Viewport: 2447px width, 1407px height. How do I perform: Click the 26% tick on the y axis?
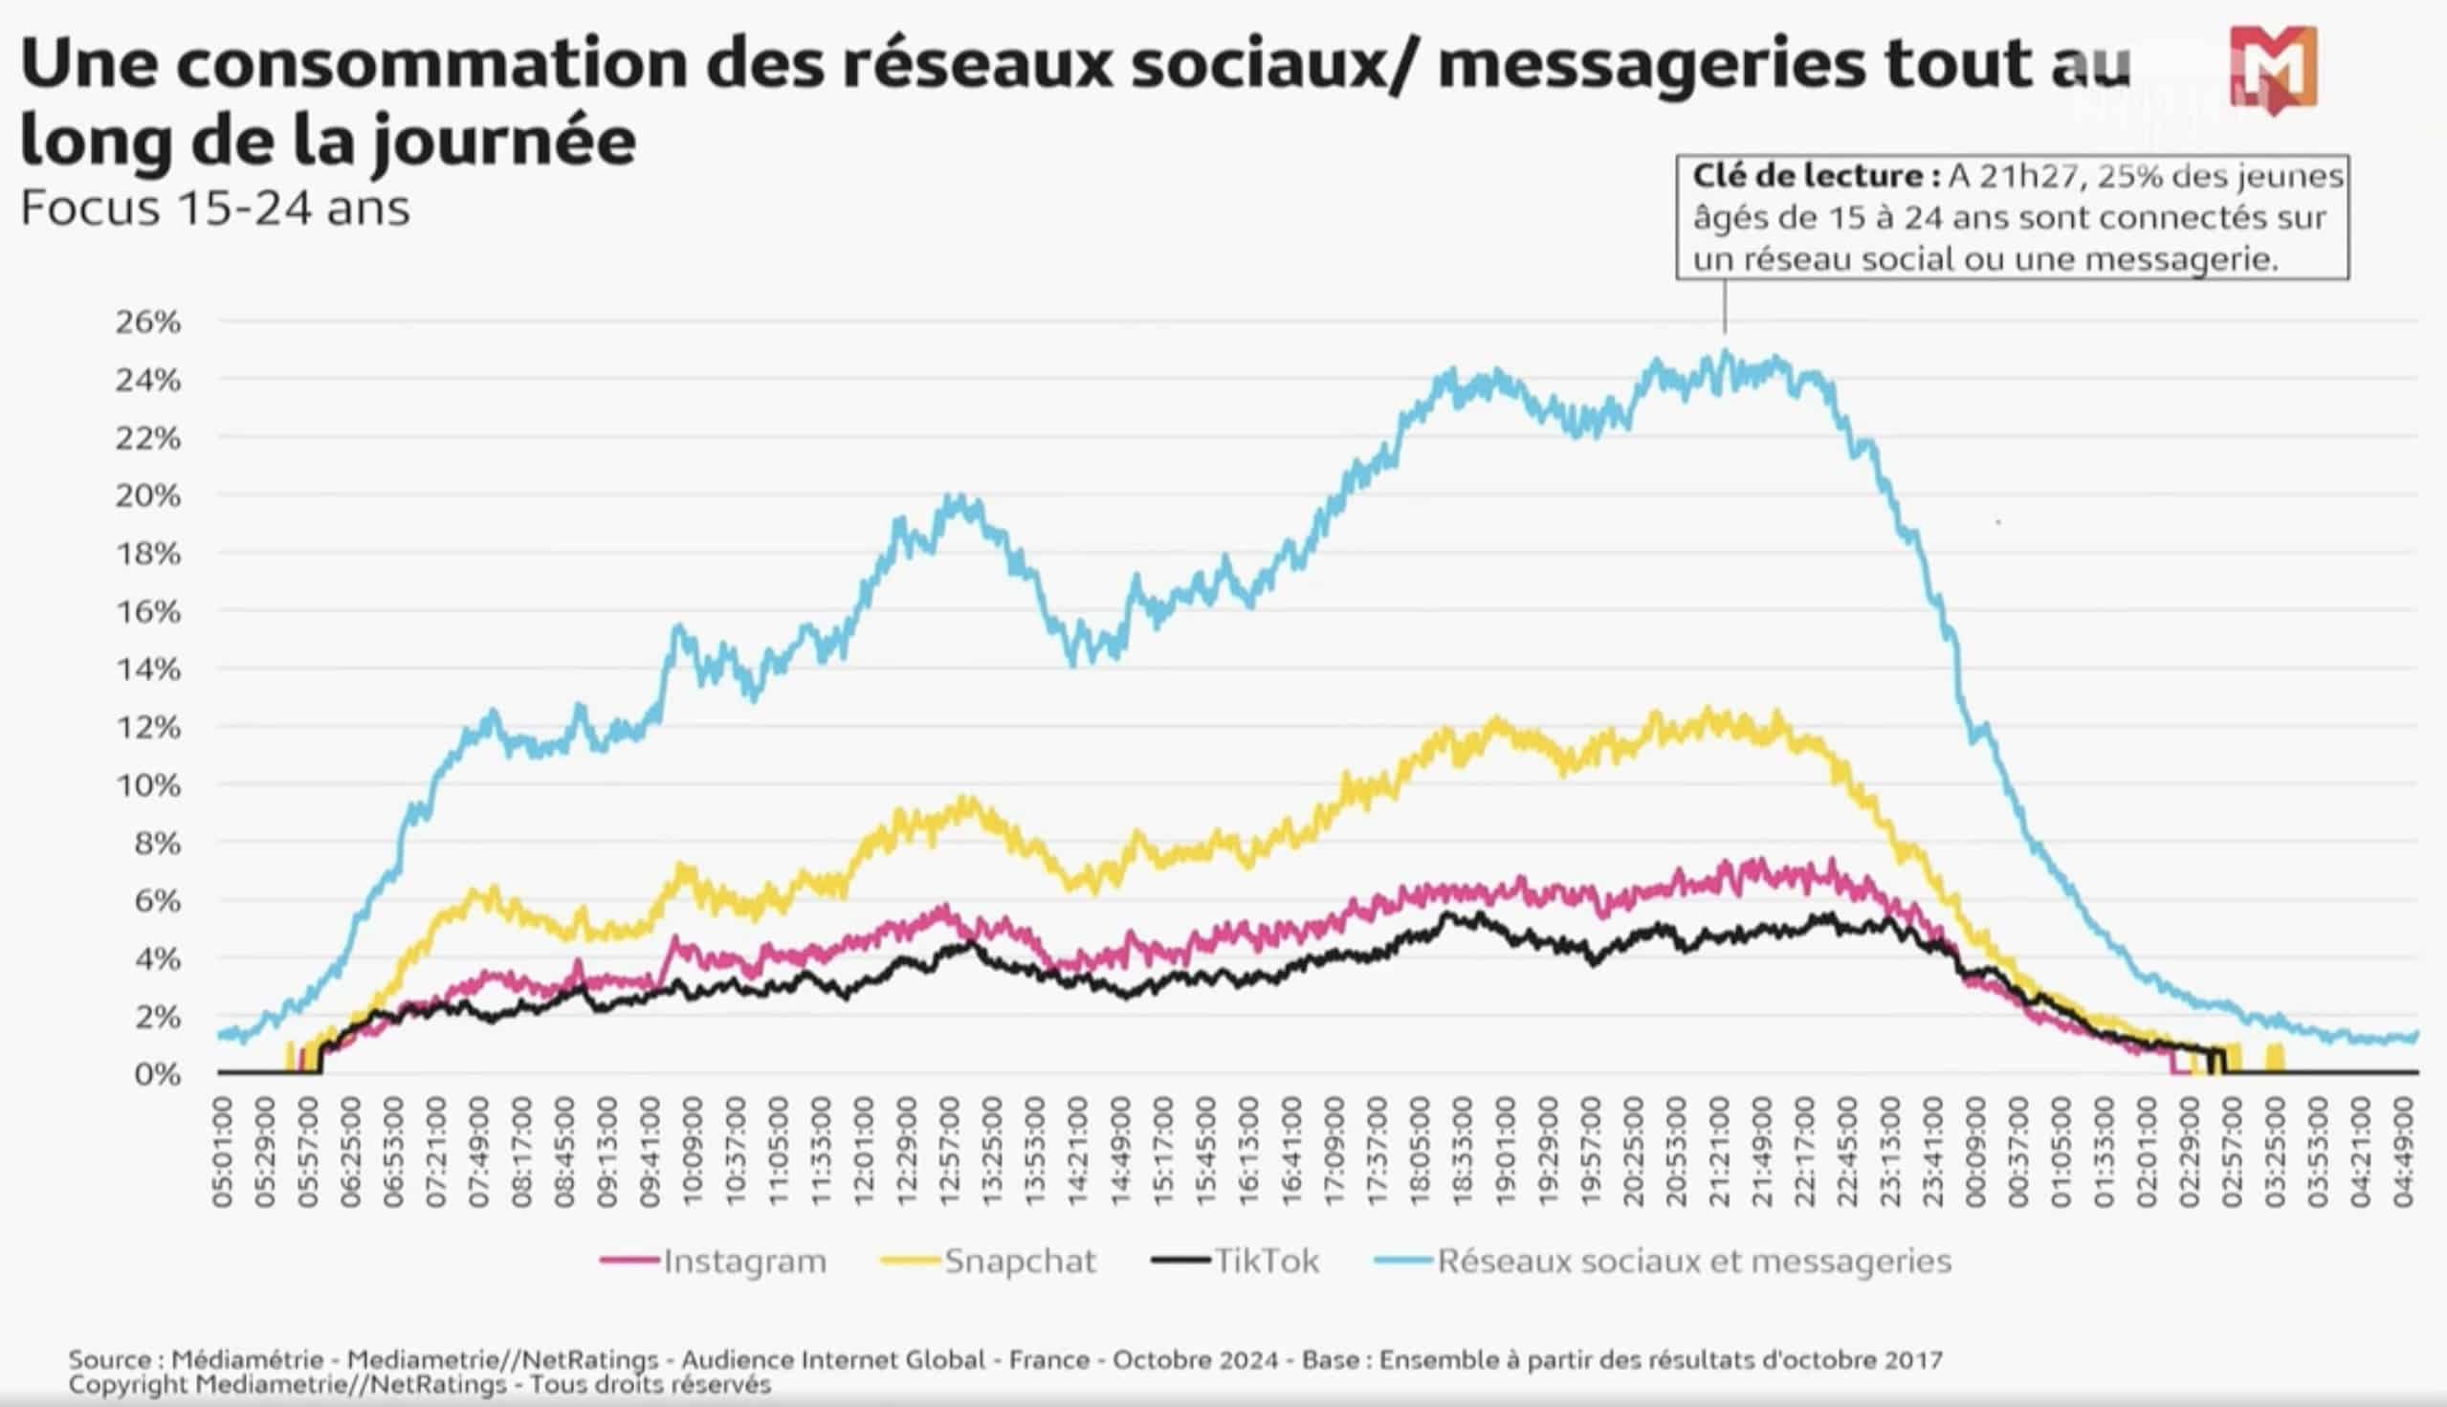pyautogui.click(x=148, y=321)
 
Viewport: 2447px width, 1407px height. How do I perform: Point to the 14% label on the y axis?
pyautogui.click(x=148, y=669)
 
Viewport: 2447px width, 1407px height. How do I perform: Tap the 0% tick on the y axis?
pyautogui.click(x=157, y=1073)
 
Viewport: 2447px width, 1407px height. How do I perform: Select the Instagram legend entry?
pyautogui.click(x=743, y=1262)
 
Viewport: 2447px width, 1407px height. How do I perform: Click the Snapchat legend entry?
pyautogui.click(x=1020, y=1262)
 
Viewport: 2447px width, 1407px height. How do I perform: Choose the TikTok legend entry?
pyautogui.click(x=1265, y=1262)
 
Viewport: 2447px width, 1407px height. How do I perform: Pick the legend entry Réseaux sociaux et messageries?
pyautogui.click(x=1693, y=1262)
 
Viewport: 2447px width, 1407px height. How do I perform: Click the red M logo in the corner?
pyautogui.click(x=2273, y=71)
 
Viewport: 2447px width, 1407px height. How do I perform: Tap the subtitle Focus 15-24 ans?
pyautogui.click(x=214, y=209)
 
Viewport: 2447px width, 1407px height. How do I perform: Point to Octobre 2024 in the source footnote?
pyautogui.click(x=1195, y=1359)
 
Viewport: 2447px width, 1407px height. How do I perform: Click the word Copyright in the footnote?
pyautogui.click(x=125, y=1385)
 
